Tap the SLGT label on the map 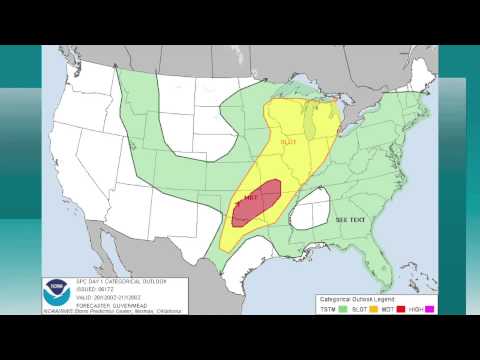(288, 142)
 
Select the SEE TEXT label (350, 219)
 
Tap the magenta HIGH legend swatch (430, 309)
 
